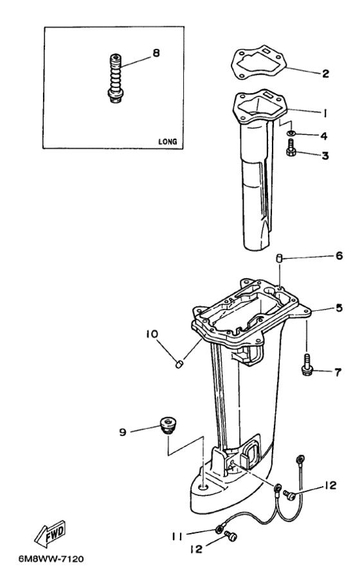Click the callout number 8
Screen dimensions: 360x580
(156, 53)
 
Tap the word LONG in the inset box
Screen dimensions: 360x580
(168, 142)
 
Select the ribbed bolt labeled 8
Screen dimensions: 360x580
(116, 78)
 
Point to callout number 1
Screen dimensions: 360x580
(325, 113)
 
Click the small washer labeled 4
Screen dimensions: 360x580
(291, 133)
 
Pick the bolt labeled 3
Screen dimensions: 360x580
(291, 148)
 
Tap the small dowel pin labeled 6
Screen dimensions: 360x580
(280, 258)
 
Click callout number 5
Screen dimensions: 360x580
(339, 308)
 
